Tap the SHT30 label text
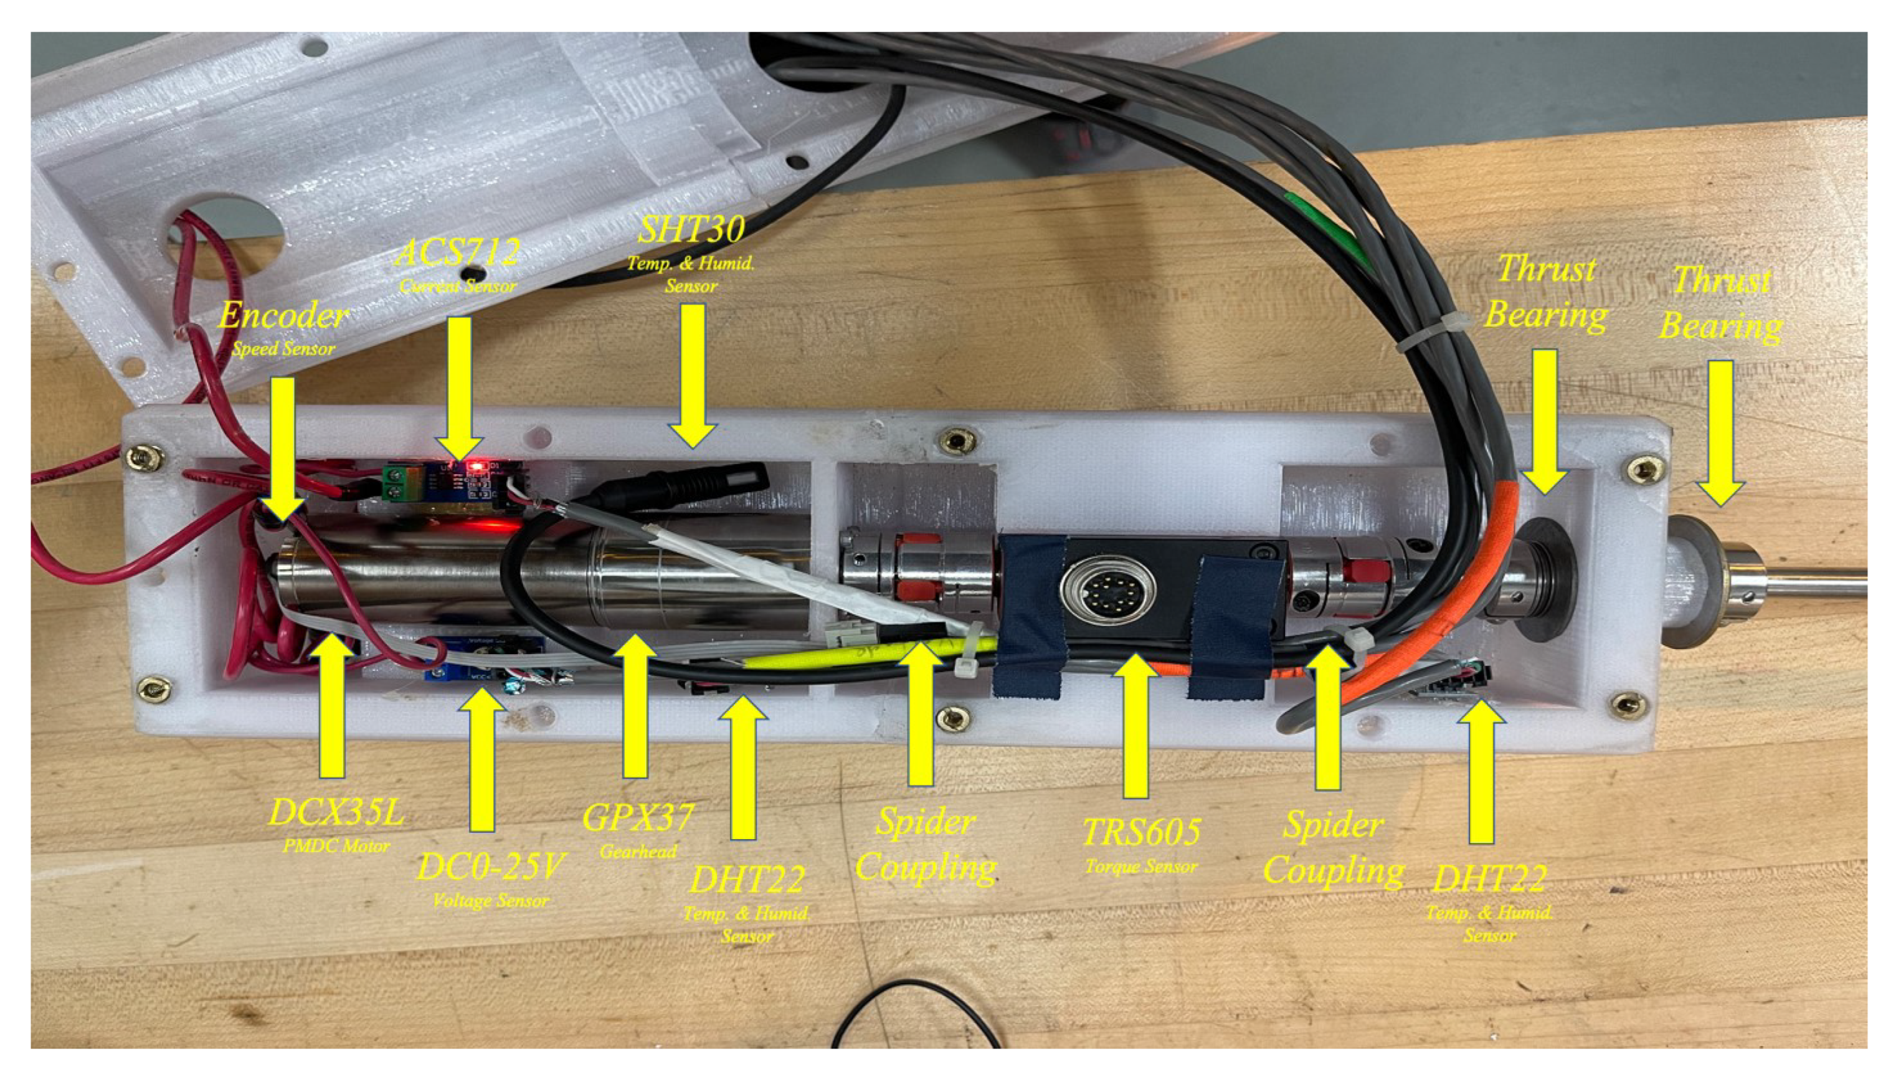(691, 230)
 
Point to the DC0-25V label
(490, 867)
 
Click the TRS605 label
(1140, 833)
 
